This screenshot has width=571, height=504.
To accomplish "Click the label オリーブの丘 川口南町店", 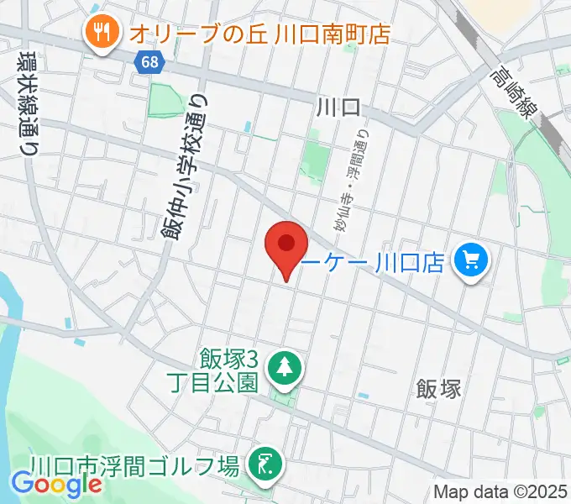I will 260,34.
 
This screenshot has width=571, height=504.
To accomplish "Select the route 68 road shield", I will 149,61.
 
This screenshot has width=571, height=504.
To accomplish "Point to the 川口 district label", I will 338,107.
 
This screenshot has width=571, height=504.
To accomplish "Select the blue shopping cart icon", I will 470,263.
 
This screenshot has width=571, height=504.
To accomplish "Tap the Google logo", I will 56,485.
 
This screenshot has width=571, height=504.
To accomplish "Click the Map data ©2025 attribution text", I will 500,492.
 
